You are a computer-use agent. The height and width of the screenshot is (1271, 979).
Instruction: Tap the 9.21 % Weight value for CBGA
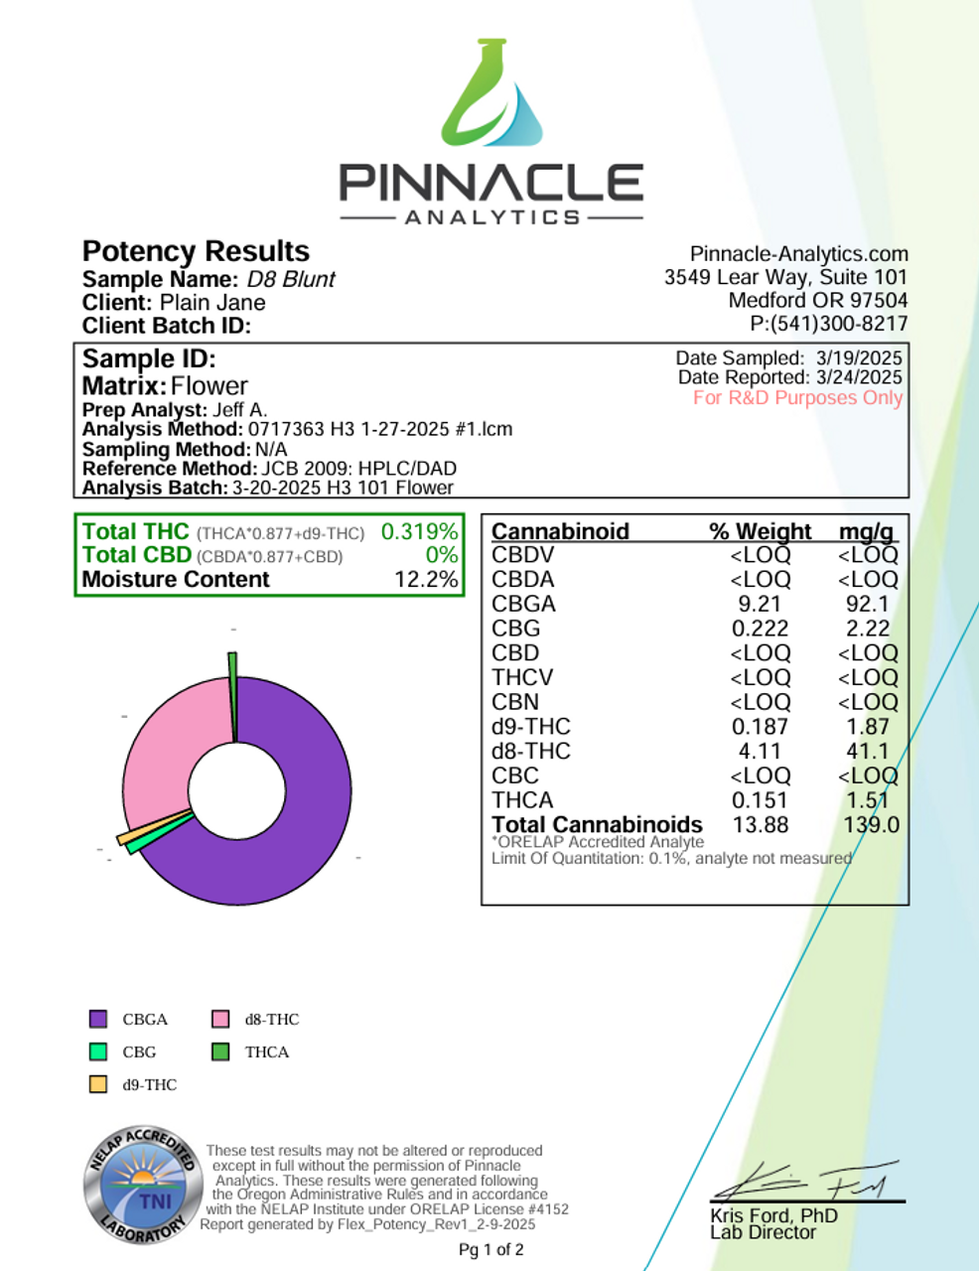coord(760,604)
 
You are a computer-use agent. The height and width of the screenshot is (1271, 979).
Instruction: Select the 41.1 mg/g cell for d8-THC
coord(867,752)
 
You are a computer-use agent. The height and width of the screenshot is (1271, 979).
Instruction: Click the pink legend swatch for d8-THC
coord(220,1019)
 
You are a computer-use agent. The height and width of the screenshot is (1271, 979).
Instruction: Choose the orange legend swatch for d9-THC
coord(98,1084)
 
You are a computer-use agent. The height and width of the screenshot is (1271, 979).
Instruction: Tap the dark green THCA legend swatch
coord(220,1052)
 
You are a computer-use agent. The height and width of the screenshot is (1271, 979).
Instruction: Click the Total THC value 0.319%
coord(419,532)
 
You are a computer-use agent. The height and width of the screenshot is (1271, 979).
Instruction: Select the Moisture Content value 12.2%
coord(426,580)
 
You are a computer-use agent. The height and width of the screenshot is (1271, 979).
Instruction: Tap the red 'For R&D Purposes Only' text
coord(797,398)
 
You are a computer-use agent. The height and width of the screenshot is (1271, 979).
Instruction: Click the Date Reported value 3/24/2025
coord(859,377)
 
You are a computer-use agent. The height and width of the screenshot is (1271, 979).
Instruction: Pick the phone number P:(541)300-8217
coord(828,324)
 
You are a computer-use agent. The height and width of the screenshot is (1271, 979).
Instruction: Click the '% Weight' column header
coord(760,531)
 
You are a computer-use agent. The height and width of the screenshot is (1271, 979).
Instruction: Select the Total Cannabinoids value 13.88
coord(760,825)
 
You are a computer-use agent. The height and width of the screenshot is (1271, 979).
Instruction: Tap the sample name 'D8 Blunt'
coord(291,280)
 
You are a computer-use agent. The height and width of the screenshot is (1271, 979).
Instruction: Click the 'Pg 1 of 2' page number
coord(490,1250)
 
